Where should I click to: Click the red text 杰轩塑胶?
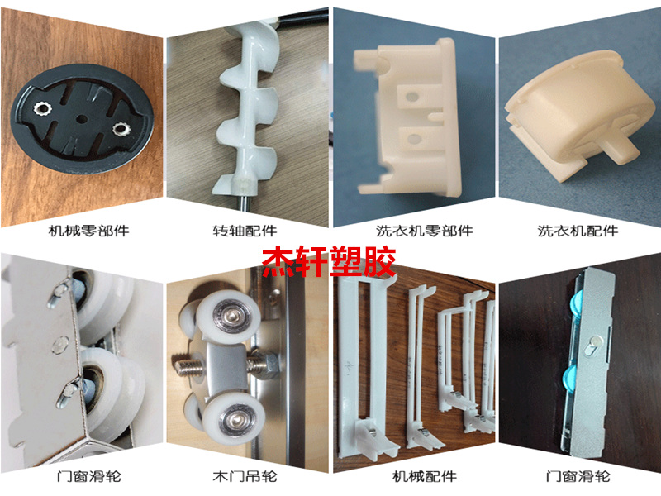[329, 261]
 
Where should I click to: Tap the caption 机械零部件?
[88, 231]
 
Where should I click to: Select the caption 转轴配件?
[245, 231]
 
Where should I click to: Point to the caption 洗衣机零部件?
[424, 231]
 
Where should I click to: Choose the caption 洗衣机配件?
[578, 231]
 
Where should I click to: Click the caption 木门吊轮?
[245, 477]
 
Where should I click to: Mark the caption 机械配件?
[424, 477]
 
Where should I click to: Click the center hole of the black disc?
[82, 119]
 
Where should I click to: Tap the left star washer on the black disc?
[43, 109]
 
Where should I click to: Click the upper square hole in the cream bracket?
[412, 98]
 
